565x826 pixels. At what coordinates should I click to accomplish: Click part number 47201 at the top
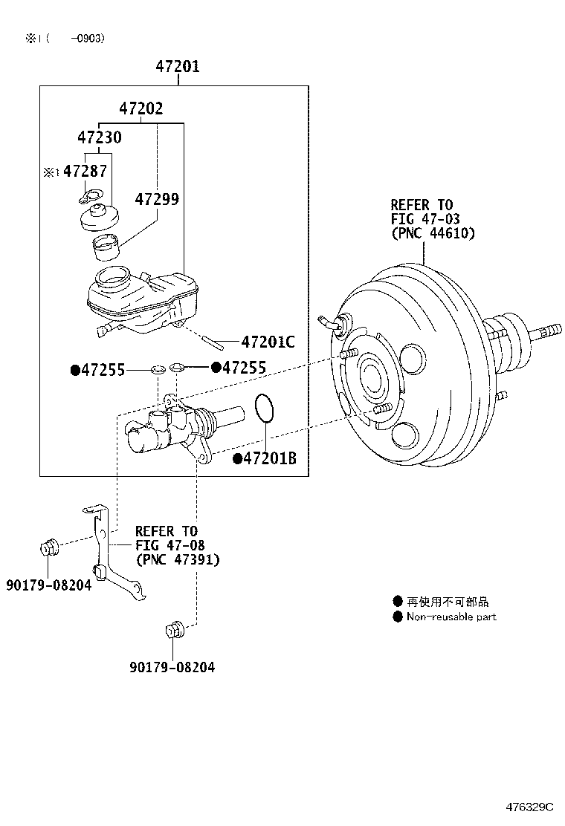coord(177,67)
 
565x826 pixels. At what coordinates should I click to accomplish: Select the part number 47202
coord(141,108)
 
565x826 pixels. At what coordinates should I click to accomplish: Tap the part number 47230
coord(100,137)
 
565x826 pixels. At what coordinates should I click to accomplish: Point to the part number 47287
coord(84,172)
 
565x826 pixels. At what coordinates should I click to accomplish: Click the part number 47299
coord(157,199)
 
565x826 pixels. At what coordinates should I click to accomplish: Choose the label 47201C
coord(268,342)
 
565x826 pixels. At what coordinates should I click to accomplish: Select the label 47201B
coord(269,459)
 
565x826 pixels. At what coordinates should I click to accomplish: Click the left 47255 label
coord(102,370)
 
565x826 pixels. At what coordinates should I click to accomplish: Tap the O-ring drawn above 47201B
coord(265,408)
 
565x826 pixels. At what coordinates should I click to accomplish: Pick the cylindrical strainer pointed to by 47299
coord(105,246)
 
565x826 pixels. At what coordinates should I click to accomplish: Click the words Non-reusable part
coord(451,617)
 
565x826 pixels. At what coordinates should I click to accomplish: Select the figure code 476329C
coord(530,807)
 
